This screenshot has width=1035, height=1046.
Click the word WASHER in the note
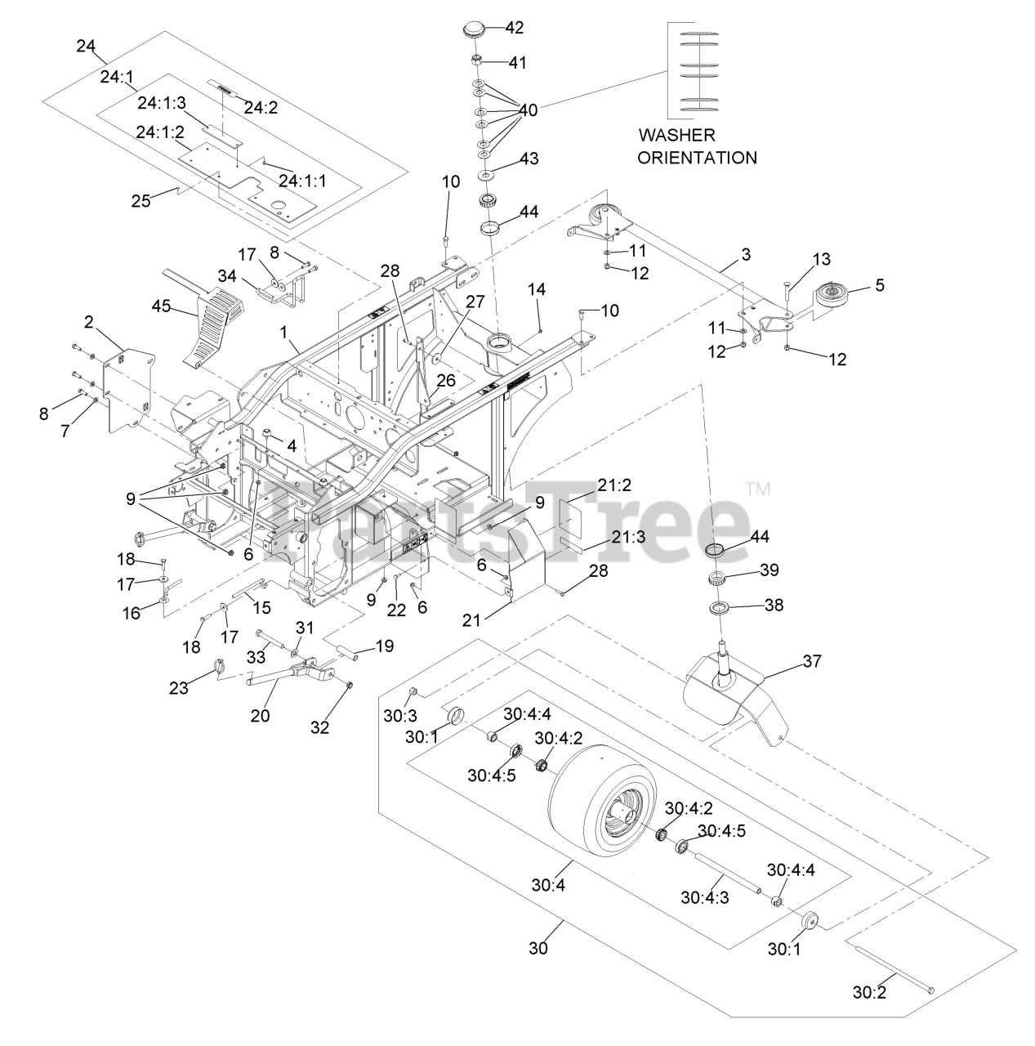point(676,136)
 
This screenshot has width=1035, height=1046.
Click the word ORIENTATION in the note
point(697,158)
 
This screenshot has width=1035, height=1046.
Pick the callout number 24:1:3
point(162,102)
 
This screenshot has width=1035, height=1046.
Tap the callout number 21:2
point(613,485)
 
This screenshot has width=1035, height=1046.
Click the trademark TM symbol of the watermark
point(759,490)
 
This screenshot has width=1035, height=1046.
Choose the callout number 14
point(537,289)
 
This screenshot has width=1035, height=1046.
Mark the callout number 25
point(141,199)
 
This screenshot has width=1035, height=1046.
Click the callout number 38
point(772,606)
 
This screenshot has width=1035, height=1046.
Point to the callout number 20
point(260,716)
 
